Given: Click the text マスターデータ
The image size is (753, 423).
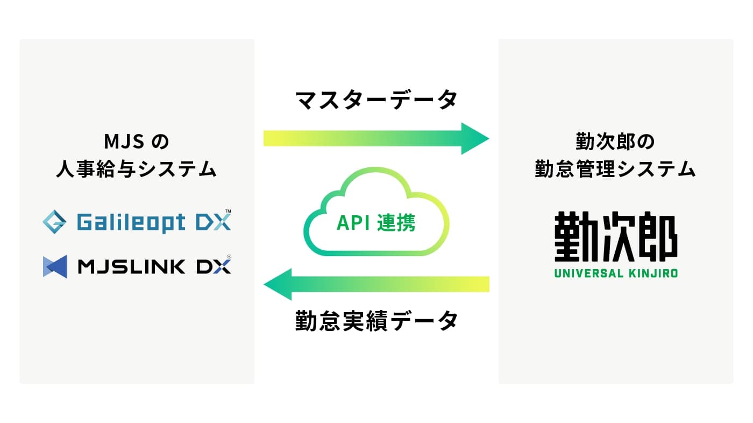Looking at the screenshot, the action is [x=376, y=100].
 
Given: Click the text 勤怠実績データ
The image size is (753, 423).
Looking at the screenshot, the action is [x=376, y=321].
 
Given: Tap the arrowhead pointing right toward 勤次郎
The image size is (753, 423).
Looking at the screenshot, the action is [x=474, y=138].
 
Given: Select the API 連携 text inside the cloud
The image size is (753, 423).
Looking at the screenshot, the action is [x=376, y=223].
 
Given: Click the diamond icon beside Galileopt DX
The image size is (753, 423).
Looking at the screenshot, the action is [x=54, y=222].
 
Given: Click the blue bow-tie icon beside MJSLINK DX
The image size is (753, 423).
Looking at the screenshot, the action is [x=55, y=266].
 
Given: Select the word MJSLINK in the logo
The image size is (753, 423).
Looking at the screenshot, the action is [x=131, y=266].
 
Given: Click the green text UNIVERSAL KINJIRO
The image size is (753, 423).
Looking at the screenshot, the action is [x=616, y=273].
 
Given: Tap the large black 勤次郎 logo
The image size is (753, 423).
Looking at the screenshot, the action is [x=616, y=236].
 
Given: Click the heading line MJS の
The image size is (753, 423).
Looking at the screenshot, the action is [x=137, y=142].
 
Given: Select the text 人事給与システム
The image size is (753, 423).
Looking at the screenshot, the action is [x=137, y=169].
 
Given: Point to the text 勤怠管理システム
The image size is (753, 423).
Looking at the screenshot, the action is [x=615, y=169].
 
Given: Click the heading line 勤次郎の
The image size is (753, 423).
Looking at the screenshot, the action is [x=615, y=142].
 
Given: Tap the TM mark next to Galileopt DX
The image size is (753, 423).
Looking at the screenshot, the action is [x=228, y=211].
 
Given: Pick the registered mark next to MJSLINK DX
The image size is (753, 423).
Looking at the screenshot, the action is [x=229, y=257].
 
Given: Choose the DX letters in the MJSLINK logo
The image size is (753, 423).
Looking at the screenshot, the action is [x=214, y=266].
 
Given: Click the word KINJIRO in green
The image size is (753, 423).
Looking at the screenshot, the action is [x=653, y=273].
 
